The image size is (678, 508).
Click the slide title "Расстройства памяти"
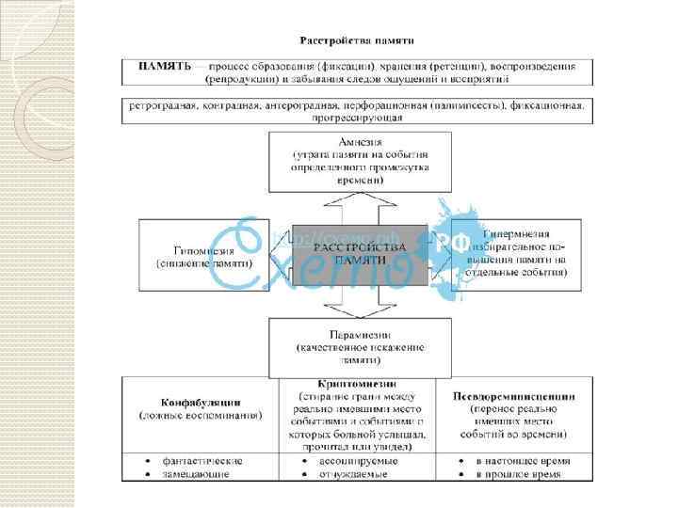tap(363, 40)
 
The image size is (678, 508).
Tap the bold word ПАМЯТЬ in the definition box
tap(165, 67)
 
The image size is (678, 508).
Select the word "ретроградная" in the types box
tap(161, 105)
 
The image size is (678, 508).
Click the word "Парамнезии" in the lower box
tap(360, 334)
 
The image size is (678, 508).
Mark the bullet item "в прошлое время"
tap(521, 474)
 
